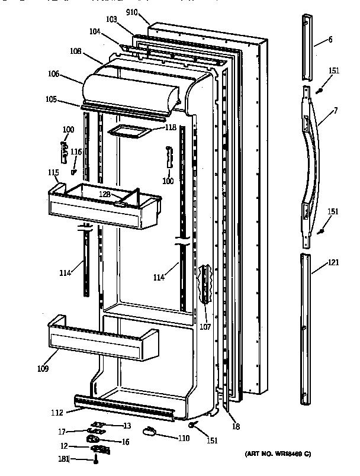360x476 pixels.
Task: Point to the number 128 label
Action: tap(105, 194)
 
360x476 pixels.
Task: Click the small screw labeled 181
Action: tap(95, 460)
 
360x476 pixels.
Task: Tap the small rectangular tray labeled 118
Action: tap(127, 133)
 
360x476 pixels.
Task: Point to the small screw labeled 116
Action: tap(73, 172)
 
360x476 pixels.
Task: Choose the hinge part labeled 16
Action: tap(93, 439)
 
